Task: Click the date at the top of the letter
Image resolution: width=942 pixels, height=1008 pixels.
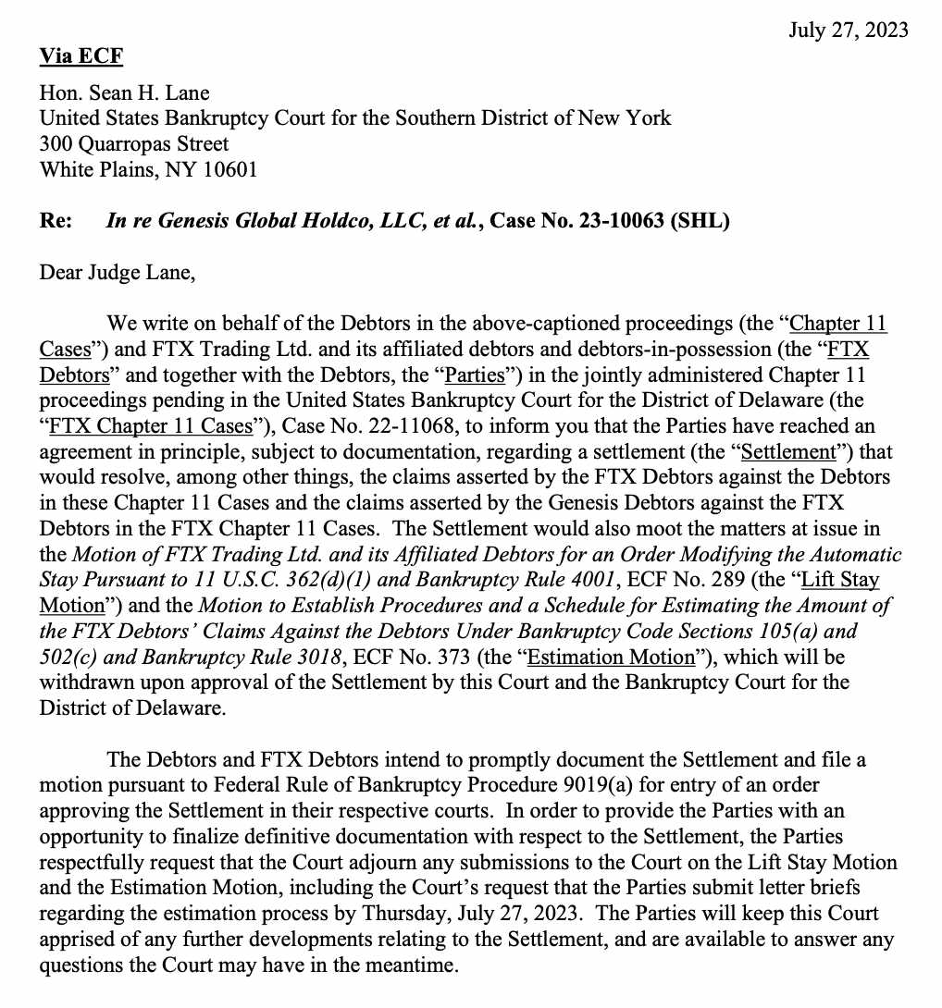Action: [x=848, y=31]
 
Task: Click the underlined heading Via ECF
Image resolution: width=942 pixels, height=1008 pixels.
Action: [x=81, y=56]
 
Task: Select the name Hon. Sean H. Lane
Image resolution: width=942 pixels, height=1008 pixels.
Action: [x=124, y=92]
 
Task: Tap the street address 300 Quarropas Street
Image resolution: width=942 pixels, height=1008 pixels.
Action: [x=133, y=144]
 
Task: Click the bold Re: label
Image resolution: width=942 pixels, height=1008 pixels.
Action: [x=56, y=222]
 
